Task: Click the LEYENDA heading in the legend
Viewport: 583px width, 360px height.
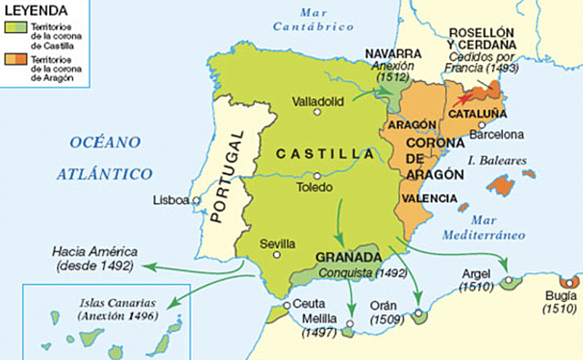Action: pos(36,9)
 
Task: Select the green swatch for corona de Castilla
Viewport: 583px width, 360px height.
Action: pos(14,31)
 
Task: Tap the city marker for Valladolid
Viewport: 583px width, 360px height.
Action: pos(317,112)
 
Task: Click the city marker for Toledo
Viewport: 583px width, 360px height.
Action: pos(316,176)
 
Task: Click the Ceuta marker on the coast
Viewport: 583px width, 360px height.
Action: pos(287,305)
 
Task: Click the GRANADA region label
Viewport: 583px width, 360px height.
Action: pos(346,257)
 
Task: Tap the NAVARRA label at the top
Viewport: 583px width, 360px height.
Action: pos(394,54)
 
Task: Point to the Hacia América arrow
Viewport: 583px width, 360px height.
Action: pos(182,266)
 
